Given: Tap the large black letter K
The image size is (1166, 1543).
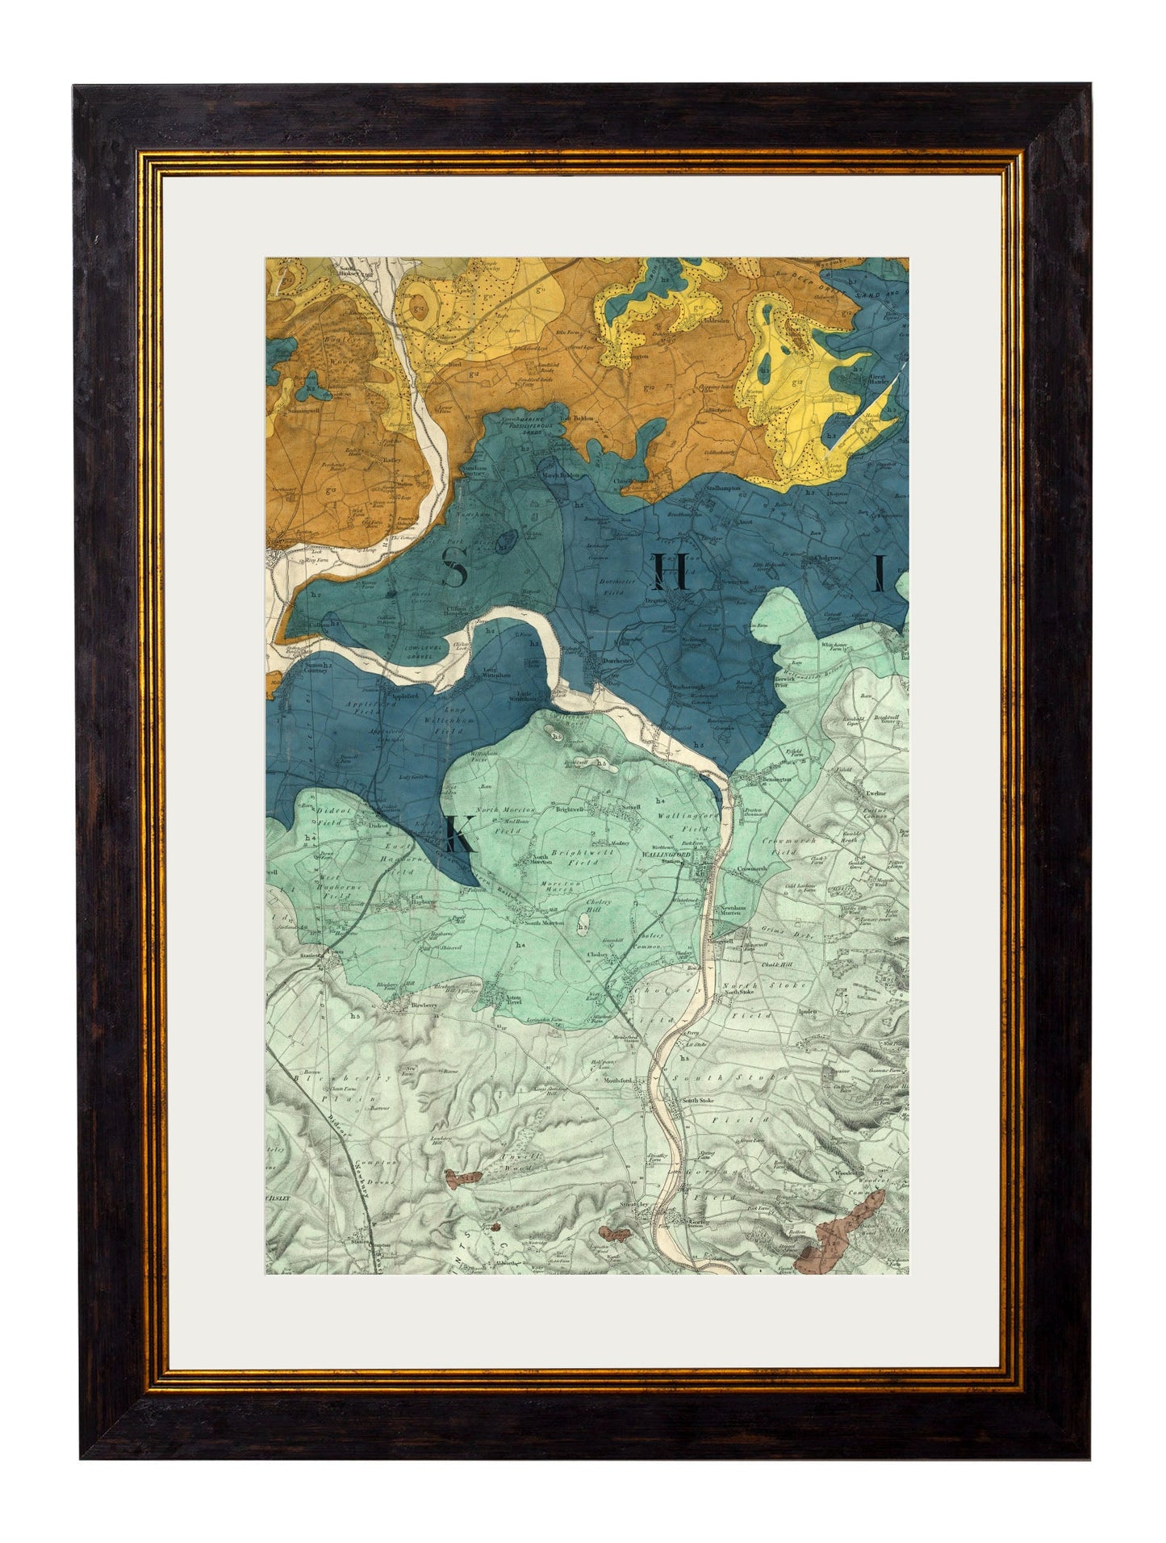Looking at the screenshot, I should coord(458,835).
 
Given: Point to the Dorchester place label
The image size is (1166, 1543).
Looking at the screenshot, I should coord(616,659).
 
